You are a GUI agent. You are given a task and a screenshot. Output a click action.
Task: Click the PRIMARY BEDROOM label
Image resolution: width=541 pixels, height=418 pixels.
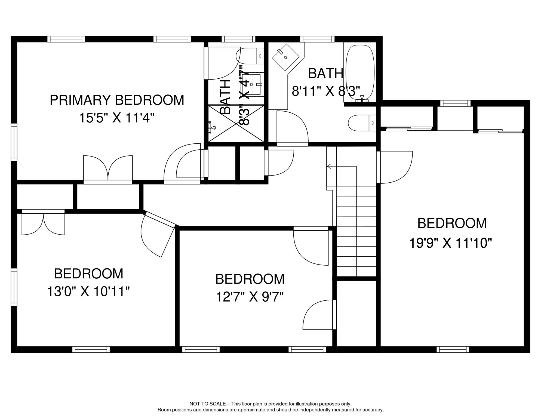click(117, 100)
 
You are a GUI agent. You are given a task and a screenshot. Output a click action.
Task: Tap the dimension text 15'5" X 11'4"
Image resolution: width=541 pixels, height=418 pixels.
click(117, 118)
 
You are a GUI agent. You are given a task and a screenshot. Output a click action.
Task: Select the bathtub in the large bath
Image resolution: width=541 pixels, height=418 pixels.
click(359, 72)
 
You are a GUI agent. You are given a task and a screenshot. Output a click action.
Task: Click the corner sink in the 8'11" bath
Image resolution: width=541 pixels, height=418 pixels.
click(285, 57)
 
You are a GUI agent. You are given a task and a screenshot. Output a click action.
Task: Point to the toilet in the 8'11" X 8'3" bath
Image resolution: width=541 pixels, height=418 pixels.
click(362, 123)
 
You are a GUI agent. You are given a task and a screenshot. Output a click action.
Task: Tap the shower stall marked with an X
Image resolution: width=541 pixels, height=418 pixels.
click(236, 124)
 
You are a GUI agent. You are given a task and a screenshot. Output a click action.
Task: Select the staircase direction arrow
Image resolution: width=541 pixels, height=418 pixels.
click(329, 166)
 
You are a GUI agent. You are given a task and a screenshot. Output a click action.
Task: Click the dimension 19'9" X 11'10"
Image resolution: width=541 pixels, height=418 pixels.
click(451, 243)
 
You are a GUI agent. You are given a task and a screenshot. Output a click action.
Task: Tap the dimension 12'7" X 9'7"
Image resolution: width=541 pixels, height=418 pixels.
click(250, 297)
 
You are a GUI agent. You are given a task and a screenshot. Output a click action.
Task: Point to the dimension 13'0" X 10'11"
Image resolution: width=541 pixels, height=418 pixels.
click(88, 291)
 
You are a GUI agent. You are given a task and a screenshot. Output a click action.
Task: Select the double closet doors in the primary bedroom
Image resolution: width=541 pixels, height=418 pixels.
click(108, 168)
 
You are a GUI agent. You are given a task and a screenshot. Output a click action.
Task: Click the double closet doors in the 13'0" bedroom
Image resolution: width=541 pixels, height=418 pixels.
click(43, 223)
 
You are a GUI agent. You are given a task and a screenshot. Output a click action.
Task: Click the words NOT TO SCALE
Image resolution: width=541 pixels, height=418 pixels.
click(207, 404)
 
